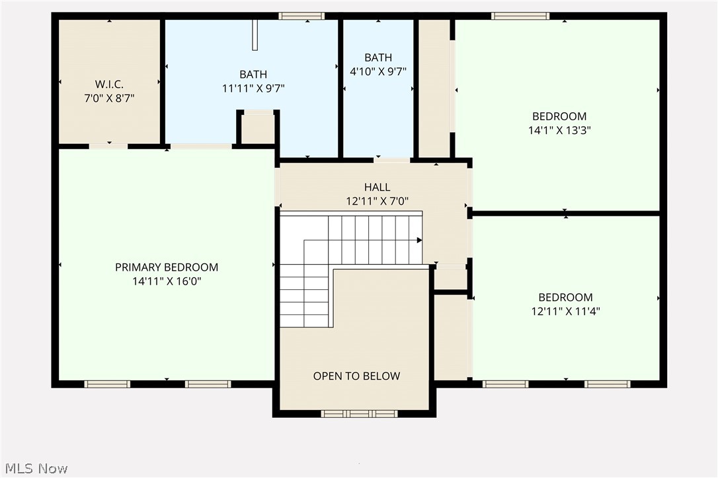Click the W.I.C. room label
(109, 84)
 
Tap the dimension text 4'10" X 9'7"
(378, 71)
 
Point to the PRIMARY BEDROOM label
(167, 267)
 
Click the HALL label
(377, 188)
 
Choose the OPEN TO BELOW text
(356, 376)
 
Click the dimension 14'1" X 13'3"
(559, 131)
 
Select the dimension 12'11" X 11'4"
(565, 311)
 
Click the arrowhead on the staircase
(419, 240)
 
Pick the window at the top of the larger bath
(301, 16)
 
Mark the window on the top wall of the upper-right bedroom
(520, 16)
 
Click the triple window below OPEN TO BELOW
(358, 414)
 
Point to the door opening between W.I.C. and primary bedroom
(108, 146)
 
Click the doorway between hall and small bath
(392, 159)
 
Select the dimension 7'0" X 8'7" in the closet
(109, 98)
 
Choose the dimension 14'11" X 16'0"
(167, 281)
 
